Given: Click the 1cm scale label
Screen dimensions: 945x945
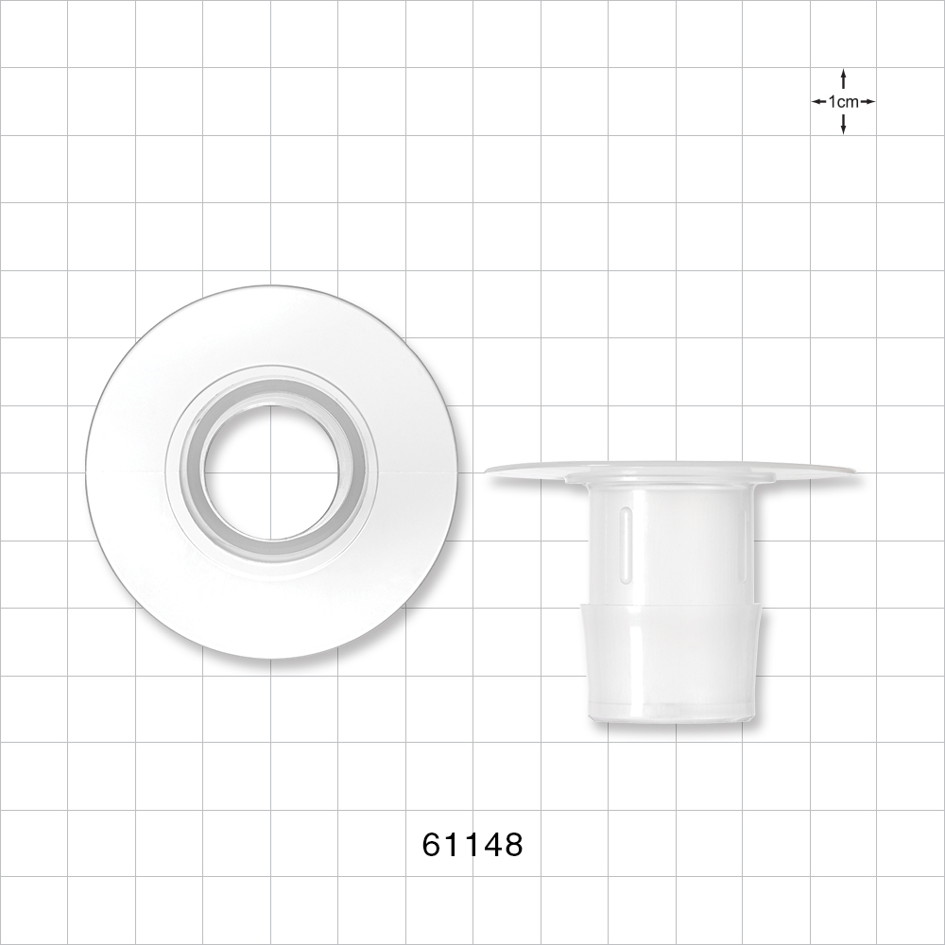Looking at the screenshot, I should click(843, 102).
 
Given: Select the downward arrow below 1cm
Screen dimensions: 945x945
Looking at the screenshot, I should click(843, 125).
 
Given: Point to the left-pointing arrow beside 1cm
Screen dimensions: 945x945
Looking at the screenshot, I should click(818, 101).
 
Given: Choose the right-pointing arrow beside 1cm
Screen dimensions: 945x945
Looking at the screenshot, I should click(868, 101).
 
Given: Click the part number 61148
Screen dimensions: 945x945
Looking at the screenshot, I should click(472, 844).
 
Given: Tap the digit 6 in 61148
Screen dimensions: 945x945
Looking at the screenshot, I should click(433, 844).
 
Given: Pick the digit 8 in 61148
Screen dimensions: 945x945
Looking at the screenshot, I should click(511, 844).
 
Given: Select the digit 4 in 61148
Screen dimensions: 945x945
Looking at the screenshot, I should click(490, 844).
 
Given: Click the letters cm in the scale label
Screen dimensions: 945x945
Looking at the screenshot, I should click(848, 102).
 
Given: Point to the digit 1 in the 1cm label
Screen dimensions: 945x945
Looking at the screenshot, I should click(832, 102).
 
